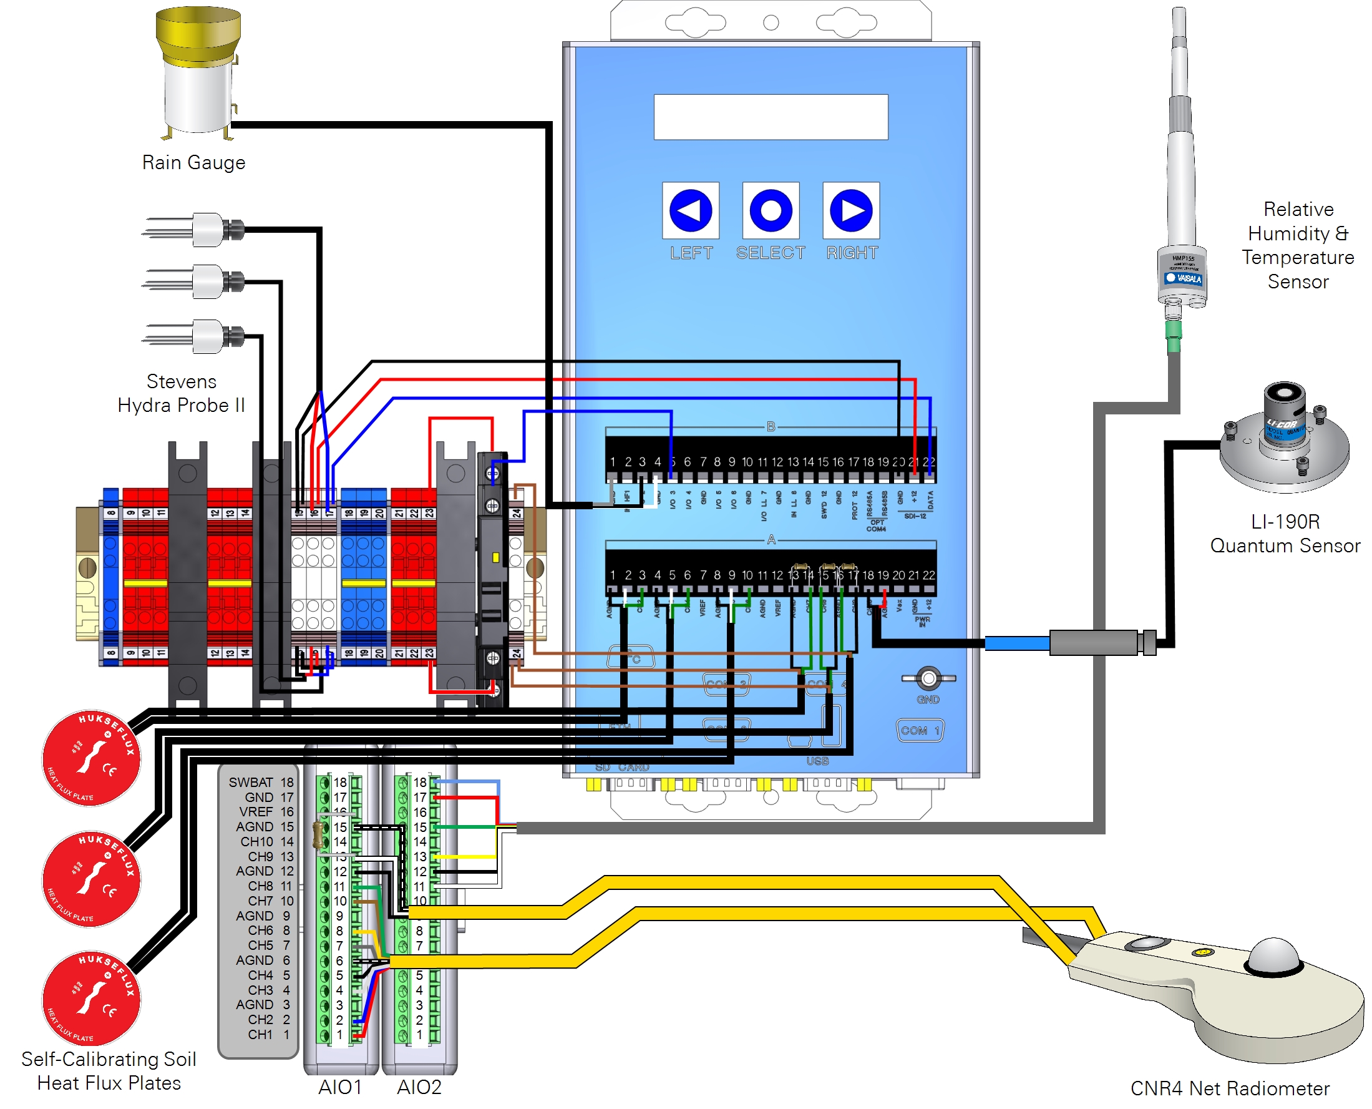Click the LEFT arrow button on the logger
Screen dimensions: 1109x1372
tap(690, 210)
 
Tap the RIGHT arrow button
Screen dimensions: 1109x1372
tap(851, 210)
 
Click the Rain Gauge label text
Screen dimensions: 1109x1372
tap(193, 162)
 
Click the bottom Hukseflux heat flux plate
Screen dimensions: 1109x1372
tap(91, 998)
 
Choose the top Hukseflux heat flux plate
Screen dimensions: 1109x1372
tap(91, 758)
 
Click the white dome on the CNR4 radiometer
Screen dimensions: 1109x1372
tap(1273, 955)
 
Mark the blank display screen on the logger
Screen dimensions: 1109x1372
tap(771, 117)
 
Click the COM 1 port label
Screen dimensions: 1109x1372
tap(920, 730)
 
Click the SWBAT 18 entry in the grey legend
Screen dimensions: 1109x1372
tap(261, 782)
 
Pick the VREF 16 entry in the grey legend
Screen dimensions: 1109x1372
tap(266, 811)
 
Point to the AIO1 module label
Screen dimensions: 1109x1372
tap(340, 1087)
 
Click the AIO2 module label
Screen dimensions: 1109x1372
tap(419, 1087)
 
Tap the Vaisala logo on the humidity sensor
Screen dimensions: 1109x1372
tap(1184, 278)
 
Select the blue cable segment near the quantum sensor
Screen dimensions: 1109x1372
tap(1017, 643)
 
